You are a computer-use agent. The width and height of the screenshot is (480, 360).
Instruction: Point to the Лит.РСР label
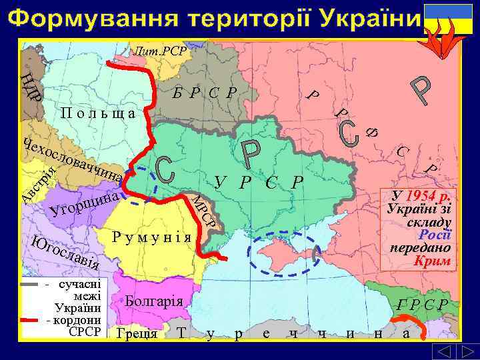[x=160, y=51]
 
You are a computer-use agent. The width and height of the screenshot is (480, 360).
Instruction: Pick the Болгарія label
[x=153, y=300]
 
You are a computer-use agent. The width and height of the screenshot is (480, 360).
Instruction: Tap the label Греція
[x=136, y=333]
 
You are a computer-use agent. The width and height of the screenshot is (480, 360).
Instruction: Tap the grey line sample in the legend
[x=31, y=284]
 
